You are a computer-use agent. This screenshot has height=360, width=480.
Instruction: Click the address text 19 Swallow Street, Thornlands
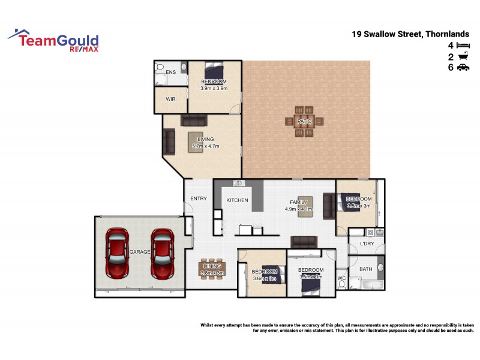[x=414, y=34]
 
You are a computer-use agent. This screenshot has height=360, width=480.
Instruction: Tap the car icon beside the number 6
[x=463, y=68]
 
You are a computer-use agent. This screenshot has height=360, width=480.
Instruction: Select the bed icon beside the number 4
[x=463, y=46]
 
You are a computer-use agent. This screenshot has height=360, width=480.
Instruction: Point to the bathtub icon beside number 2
[x=463, y=56]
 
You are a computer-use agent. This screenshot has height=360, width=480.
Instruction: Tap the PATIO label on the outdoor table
[x=305, y=122]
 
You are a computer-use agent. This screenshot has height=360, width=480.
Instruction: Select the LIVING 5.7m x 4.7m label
[x=205, y=142]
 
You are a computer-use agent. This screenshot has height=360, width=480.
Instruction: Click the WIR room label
[x=170, y=99]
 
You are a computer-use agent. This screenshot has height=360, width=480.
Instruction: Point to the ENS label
[x=171, y=72]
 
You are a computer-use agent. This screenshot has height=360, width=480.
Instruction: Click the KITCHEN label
[x=238, y=200]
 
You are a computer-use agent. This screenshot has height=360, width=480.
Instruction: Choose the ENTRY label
[x=199, y=199]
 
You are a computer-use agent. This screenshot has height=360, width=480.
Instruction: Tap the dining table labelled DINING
[x=212, y=268]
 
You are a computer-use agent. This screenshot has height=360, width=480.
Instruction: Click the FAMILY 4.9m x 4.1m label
[x=298, y=206]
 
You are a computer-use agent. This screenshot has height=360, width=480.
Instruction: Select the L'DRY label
[x=367, y=244]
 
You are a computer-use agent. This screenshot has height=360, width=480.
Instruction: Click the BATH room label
[x=365, y=269]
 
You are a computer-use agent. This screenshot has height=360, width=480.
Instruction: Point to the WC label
[x=341, y=278]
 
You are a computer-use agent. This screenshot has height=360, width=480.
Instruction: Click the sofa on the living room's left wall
[x=169, y=142]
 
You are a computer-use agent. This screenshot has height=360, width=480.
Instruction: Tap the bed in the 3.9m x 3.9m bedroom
[x=214, y=71]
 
